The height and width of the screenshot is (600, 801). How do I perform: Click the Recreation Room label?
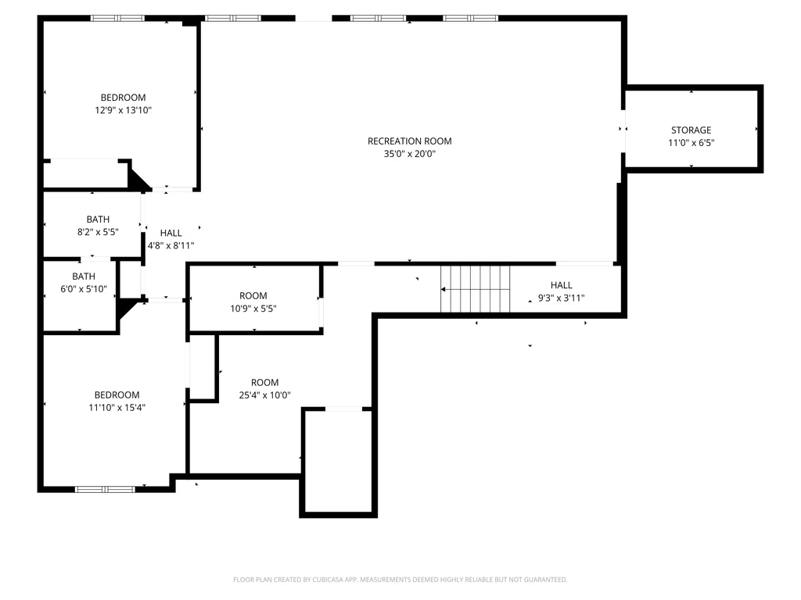click(409, 141)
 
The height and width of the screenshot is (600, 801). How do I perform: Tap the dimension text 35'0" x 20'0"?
click(409, 154)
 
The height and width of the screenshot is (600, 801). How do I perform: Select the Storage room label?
click(691, 130)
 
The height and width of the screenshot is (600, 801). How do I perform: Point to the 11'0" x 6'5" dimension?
click(691, 143)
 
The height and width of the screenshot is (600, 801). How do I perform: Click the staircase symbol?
click(475, 289)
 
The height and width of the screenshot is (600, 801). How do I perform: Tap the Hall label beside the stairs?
click(561, 285)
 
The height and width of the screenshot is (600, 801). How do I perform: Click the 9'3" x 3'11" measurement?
click(561, 298)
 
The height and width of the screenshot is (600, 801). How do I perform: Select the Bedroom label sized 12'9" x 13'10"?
click(123, 98)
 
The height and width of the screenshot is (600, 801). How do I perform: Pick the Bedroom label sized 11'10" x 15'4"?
click(117, 395)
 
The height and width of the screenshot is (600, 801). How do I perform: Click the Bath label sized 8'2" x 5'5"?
click(98, 220)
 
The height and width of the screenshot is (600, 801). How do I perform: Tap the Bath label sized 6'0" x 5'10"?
click(84, 277)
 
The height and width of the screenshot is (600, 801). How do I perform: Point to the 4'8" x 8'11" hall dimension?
click(171, 245)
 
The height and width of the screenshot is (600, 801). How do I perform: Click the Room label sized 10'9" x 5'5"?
click(253, 296)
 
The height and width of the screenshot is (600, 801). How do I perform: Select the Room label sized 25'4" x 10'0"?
click(264, 383)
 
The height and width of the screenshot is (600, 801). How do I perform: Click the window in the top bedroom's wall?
click(117, 18)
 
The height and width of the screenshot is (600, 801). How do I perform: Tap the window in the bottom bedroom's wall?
click(105, 489)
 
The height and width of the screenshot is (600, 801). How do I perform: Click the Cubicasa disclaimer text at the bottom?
click(400, 580)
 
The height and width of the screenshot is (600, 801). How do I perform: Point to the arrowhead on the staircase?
click(444, 289)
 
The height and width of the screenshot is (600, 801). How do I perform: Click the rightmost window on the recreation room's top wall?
click(470, 18)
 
